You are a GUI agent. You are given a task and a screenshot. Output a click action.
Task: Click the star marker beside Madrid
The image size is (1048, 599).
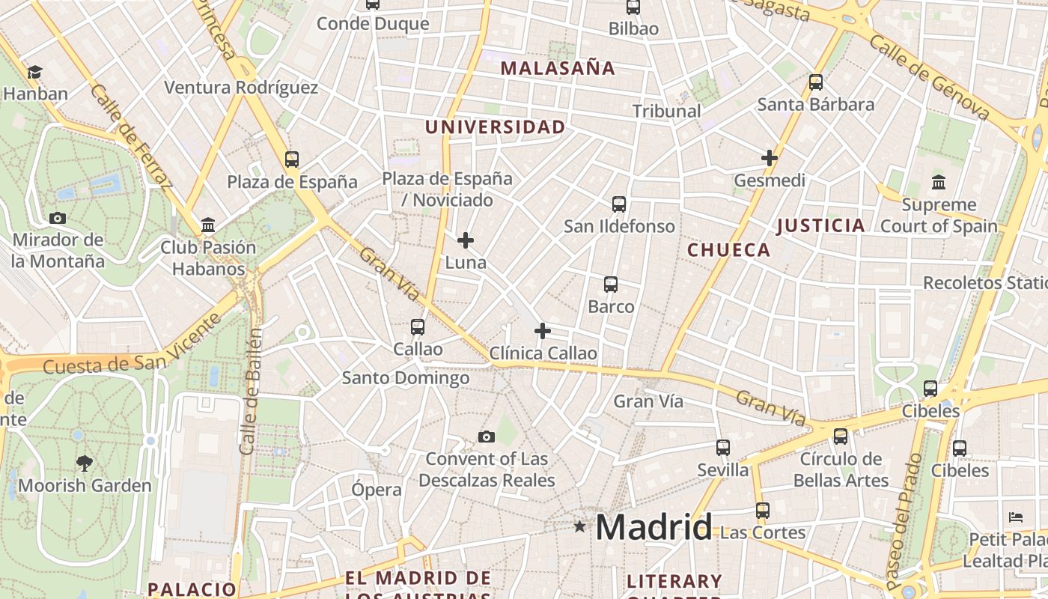579,526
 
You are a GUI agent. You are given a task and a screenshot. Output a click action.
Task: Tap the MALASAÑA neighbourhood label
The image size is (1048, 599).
558,68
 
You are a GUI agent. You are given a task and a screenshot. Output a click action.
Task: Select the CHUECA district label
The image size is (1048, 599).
728,250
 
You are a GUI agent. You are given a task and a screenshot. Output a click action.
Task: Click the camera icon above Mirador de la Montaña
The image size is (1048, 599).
58,219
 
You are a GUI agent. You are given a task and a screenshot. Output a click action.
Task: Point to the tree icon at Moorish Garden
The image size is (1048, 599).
85,463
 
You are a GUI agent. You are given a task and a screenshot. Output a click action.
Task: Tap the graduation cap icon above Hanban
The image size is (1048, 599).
34,72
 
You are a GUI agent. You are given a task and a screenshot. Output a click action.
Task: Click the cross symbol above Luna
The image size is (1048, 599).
466,240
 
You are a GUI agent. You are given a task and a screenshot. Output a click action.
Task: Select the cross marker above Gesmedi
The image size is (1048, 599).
769,158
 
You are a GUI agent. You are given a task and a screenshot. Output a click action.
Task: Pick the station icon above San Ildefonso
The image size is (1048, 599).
619,204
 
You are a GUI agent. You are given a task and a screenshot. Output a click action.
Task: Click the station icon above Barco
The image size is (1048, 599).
611,285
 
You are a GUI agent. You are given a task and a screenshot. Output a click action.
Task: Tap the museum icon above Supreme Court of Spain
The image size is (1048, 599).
938,182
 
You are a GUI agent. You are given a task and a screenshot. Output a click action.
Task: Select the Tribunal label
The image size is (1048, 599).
666,112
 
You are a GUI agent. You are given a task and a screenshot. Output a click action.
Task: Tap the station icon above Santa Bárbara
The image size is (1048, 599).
816,82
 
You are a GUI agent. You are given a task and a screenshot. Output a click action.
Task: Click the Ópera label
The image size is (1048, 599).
377,490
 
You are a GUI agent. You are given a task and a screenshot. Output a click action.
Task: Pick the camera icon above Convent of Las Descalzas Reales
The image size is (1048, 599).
487,437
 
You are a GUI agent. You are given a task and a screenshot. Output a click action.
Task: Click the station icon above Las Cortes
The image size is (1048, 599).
762,511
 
